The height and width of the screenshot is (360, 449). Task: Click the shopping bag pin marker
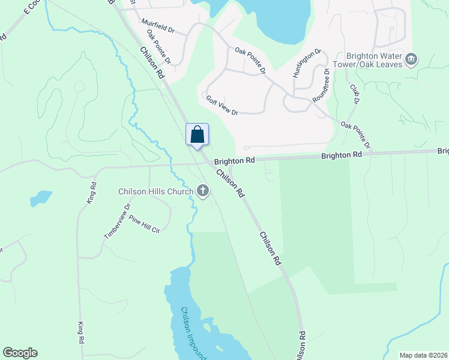point(197,134)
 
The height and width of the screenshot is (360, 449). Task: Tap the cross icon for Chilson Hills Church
point(203,191)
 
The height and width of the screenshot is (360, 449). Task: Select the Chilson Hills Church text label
point(155,191)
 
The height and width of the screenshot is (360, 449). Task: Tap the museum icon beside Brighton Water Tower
point(412,59)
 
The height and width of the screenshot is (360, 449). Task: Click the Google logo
point(20,353)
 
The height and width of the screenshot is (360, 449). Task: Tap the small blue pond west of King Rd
point(41,197)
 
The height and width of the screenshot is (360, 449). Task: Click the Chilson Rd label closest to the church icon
point(231,184)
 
